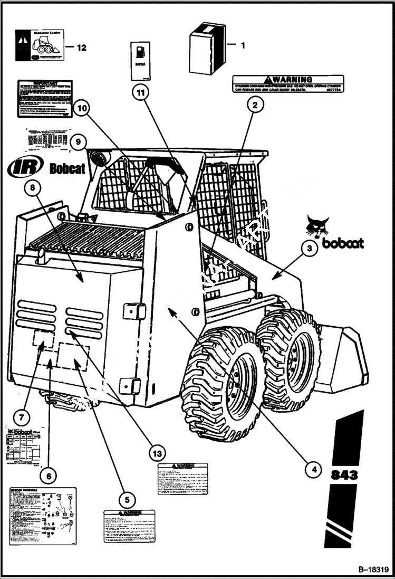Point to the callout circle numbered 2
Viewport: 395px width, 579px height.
(255, 105)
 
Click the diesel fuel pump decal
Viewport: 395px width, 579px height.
(140, 61)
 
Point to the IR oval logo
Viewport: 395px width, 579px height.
(25, 167)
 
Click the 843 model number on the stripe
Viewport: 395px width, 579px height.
(344, 474)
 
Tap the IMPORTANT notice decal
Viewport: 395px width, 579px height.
(45, 99)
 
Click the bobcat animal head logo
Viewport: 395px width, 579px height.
(317, 227)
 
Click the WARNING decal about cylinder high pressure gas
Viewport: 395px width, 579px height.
(288, 83)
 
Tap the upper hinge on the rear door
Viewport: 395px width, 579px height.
(134, 311)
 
